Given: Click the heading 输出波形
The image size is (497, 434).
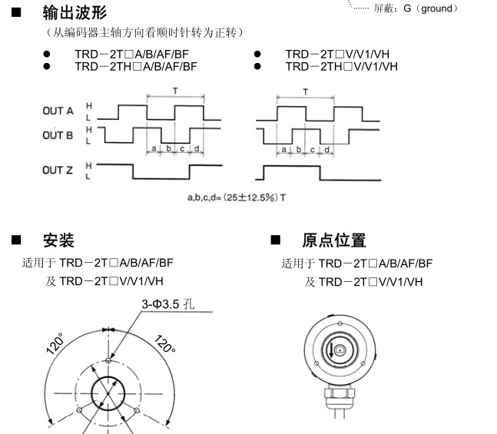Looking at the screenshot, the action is click(75, 13).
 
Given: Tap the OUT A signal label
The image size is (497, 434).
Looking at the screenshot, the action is click(58, 111).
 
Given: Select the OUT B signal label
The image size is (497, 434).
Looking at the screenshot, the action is click(58, 135).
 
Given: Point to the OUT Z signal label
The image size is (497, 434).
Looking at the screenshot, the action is click(58, 171).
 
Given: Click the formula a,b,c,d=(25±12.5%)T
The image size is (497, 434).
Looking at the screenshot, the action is click(237, 198).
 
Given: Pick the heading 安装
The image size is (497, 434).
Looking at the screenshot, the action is click(58, 240).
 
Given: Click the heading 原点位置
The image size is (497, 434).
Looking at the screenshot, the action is click(334, 240).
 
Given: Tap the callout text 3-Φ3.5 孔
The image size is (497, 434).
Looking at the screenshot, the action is click(168, 304).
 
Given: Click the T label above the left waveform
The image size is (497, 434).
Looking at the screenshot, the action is click(175, 91).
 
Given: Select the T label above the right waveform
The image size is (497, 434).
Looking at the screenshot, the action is click(306, 92).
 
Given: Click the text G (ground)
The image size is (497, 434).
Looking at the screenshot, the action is click(431, 8).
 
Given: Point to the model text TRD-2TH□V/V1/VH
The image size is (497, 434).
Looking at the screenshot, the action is click(341, 67).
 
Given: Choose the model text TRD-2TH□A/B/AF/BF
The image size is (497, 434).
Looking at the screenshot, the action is click(136, 67).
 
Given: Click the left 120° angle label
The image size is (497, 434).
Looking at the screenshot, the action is click(56, 343).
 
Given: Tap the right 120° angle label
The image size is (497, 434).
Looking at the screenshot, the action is click(165, 344).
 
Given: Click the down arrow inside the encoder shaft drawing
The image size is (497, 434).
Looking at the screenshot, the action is click(331, 350).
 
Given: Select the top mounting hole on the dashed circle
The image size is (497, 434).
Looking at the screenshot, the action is click(108, 360).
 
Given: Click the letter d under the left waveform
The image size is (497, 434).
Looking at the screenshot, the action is click(197, 148).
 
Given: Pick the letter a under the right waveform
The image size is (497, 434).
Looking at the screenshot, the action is click(284, 149).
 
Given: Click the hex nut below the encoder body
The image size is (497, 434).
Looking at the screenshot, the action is click(340, 394).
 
